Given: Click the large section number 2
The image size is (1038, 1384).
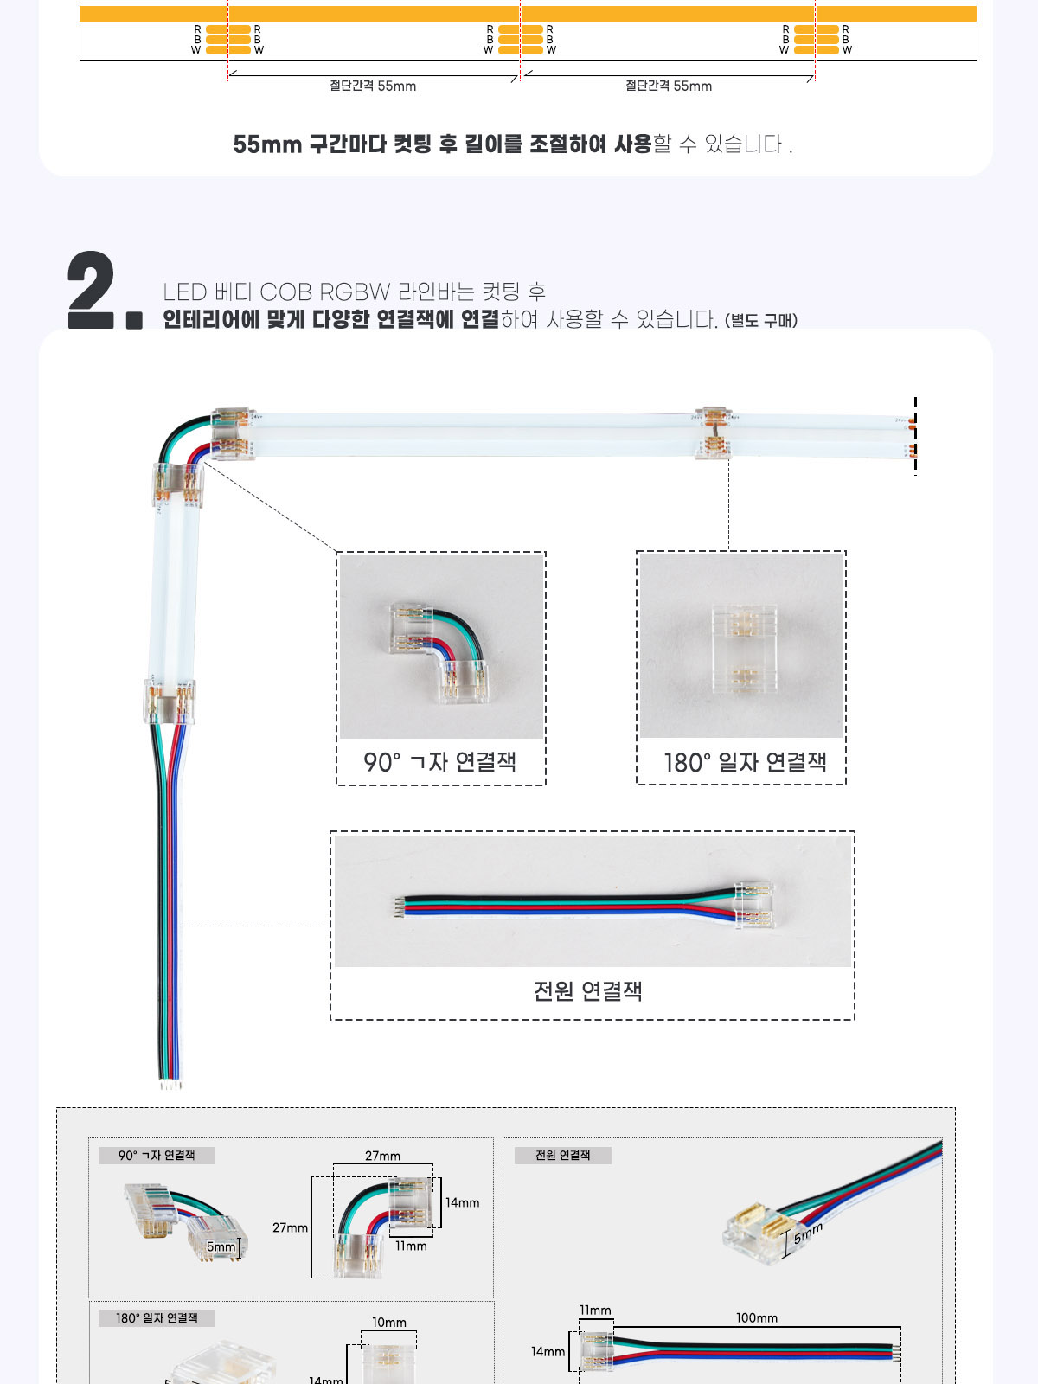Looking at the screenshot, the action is point(92,290).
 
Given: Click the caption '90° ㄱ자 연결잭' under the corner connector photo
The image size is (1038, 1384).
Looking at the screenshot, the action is point(440,762).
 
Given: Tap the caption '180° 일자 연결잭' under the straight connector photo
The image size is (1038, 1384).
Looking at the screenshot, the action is point(745,762).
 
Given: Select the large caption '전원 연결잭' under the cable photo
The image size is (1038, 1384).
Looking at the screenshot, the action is point(588,991).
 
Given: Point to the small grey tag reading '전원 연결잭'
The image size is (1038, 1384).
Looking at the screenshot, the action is point(563,1155).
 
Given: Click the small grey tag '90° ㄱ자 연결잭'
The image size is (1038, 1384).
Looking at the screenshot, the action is point(157,1155).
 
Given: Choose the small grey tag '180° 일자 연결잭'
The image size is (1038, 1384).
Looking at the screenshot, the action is point(157,1317).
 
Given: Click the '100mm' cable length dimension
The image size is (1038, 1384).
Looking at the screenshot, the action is point(756,1317).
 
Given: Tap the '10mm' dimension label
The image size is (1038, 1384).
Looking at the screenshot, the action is point(389,1323).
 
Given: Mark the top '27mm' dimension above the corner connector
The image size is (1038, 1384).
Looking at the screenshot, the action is point(382,1156).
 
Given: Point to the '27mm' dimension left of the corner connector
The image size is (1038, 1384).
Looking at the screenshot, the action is point(290,1227).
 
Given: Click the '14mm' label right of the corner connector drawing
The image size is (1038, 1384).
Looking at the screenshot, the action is point(463,1202).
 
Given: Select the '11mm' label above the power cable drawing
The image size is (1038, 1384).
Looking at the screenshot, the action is point(595,1310).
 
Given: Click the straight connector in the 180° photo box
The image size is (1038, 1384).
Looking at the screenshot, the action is point(744,650).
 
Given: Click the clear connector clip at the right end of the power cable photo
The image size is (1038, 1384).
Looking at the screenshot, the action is point(754,905).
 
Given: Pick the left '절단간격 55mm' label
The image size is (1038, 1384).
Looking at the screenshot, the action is point(373,86).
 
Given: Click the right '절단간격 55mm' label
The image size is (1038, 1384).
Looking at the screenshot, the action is point(669,86).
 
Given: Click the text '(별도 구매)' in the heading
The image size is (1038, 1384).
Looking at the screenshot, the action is point(761,320).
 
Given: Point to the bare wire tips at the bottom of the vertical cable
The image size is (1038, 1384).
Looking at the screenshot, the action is point(170,1085).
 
